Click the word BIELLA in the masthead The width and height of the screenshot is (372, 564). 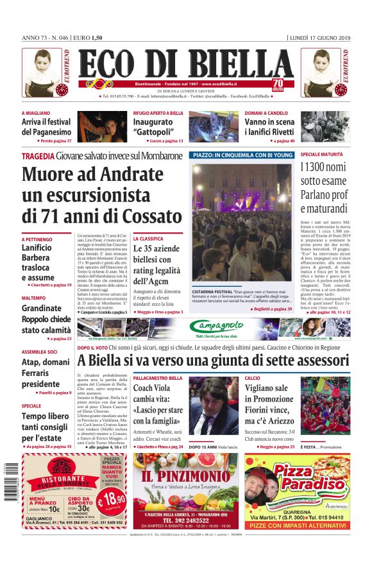click(241, 65)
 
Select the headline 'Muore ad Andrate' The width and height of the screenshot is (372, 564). click(92, 175)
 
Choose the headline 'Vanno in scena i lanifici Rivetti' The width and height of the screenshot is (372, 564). click(269, 127)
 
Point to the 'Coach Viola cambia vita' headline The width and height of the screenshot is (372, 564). click(160, 404)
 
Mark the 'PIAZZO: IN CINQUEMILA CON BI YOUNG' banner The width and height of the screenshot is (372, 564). click(242, 155)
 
